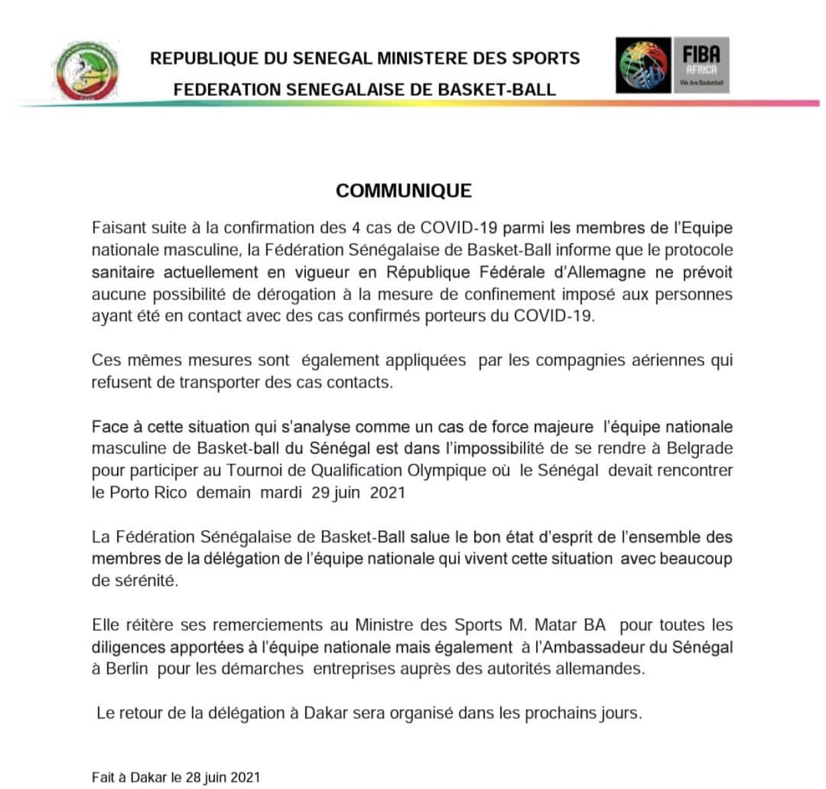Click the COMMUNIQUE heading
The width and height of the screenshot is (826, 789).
[403, 191]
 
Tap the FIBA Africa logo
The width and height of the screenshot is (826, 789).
[672, 65]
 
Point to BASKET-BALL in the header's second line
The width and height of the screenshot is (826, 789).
[496, 90]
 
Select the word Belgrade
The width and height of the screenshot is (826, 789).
[699, 448]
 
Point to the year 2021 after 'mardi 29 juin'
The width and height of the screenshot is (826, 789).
[387, 493]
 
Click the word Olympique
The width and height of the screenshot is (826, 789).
[447, 470]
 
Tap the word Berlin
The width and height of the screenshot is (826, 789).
[126, 668]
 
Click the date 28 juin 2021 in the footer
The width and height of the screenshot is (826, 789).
[223, 777]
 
